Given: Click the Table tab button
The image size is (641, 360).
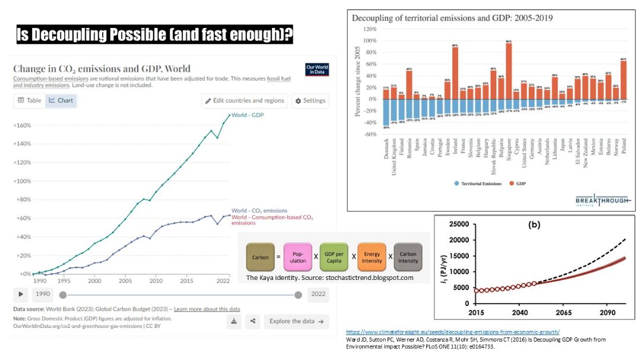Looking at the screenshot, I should tap(30, 100).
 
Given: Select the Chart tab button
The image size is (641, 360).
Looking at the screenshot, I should tap(61, 100).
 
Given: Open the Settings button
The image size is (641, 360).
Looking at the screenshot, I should tap(310, 101).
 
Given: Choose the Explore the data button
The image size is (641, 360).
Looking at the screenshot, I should tap(296, 321).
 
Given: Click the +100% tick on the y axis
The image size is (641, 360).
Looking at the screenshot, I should tap(23, 181).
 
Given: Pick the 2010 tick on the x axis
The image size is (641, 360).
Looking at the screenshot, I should tap(156, 281).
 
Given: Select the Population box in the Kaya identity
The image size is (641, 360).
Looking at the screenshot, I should tap(298, 257).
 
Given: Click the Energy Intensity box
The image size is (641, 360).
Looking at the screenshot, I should tap(372, 257).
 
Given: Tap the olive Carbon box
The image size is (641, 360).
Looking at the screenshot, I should tap(261, 257).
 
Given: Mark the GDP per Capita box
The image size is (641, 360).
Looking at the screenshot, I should tap(334, 257).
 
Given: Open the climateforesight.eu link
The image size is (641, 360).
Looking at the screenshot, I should tap(452, 332).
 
